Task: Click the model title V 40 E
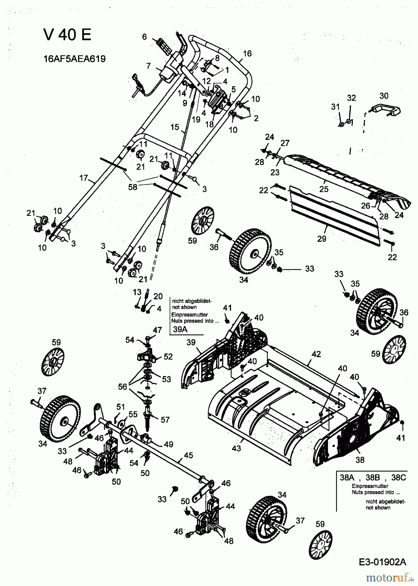point(67,35)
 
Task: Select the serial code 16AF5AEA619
point(74,59)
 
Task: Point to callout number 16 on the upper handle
point(247,53)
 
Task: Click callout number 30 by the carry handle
point(384,96)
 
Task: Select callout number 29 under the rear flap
point(321,239)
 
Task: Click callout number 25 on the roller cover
point(324,189)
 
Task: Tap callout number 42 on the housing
point(316,354)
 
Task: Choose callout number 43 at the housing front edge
point(236,448)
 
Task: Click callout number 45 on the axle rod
point(189,455)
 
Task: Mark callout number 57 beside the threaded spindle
point(165,420)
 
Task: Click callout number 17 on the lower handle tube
point(84,178)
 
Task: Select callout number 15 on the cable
point(175,127)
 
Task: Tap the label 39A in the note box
point(179,329)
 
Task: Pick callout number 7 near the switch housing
point(149,66)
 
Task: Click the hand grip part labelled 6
point(164,48)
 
